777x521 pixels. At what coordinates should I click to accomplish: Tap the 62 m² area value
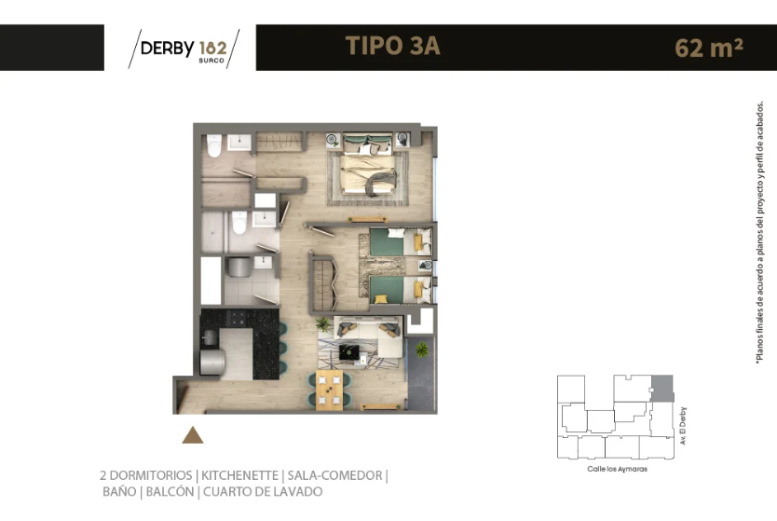pos(709,48)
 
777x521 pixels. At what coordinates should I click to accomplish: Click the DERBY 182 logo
pos(184,48)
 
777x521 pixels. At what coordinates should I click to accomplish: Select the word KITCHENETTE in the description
pos(239,475)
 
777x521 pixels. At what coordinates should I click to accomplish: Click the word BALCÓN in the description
pos(170,492)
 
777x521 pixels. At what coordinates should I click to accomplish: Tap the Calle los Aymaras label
pos(617,469)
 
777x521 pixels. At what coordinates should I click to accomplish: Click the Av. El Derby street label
pos(683,425)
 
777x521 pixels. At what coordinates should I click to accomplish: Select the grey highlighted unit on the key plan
pos(662,388)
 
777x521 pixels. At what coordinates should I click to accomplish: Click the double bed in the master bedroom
pos(368,165)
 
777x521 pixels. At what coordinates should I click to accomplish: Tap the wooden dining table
pos(329,391)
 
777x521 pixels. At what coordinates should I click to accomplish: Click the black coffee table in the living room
pos(349,352)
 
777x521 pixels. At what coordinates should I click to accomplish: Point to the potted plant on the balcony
pos(422,350)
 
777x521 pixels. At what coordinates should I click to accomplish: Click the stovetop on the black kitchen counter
pos(236,318)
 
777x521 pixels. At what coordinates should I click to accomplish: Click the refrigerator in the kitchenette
pos(212,363)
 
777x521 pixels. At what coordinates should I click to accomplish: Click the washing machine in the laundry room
pos(239,267)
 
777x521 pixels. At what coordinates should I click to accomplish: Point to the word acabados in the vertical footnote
pos(759,121)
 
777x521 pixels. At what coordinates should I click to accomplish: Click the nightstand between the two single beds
pos(425,266)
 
